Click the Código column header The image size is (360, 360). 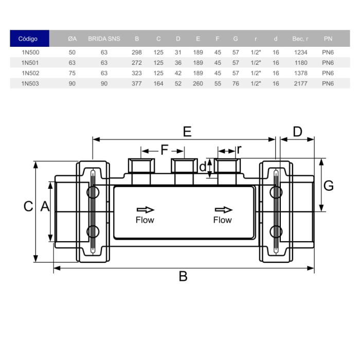pos(28,39)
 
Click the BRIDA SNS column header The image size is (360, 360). pos(104,39)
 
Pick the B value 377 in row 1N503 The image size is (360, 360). pos(137,83)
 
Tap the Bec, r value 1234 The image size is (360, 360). pos(300,52)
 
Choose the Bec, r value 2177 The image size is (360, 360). pos(300,83)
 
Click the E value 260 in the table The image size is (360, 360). pos(199,83)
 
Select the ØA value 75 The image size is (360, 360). pos(72,73)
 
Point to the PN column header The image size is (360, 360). pos(328,39)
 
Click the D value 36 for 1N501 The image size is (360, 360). pos(178,63)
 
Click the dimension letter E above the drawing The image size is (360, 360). pos(187,132)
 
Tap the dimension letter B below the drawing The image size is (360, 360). pos(183,276)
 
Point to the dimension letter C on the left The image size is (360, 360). pos(29,206)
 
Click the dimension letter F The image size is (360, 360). pos(164,150)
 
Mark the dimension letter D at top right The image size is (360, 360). pos(297,132)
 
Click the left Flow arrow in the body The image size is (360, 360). pos(145,209)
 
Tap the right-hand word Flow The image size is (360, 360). pos(222,220)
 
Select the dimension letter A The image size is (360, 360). pos(45,206)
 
